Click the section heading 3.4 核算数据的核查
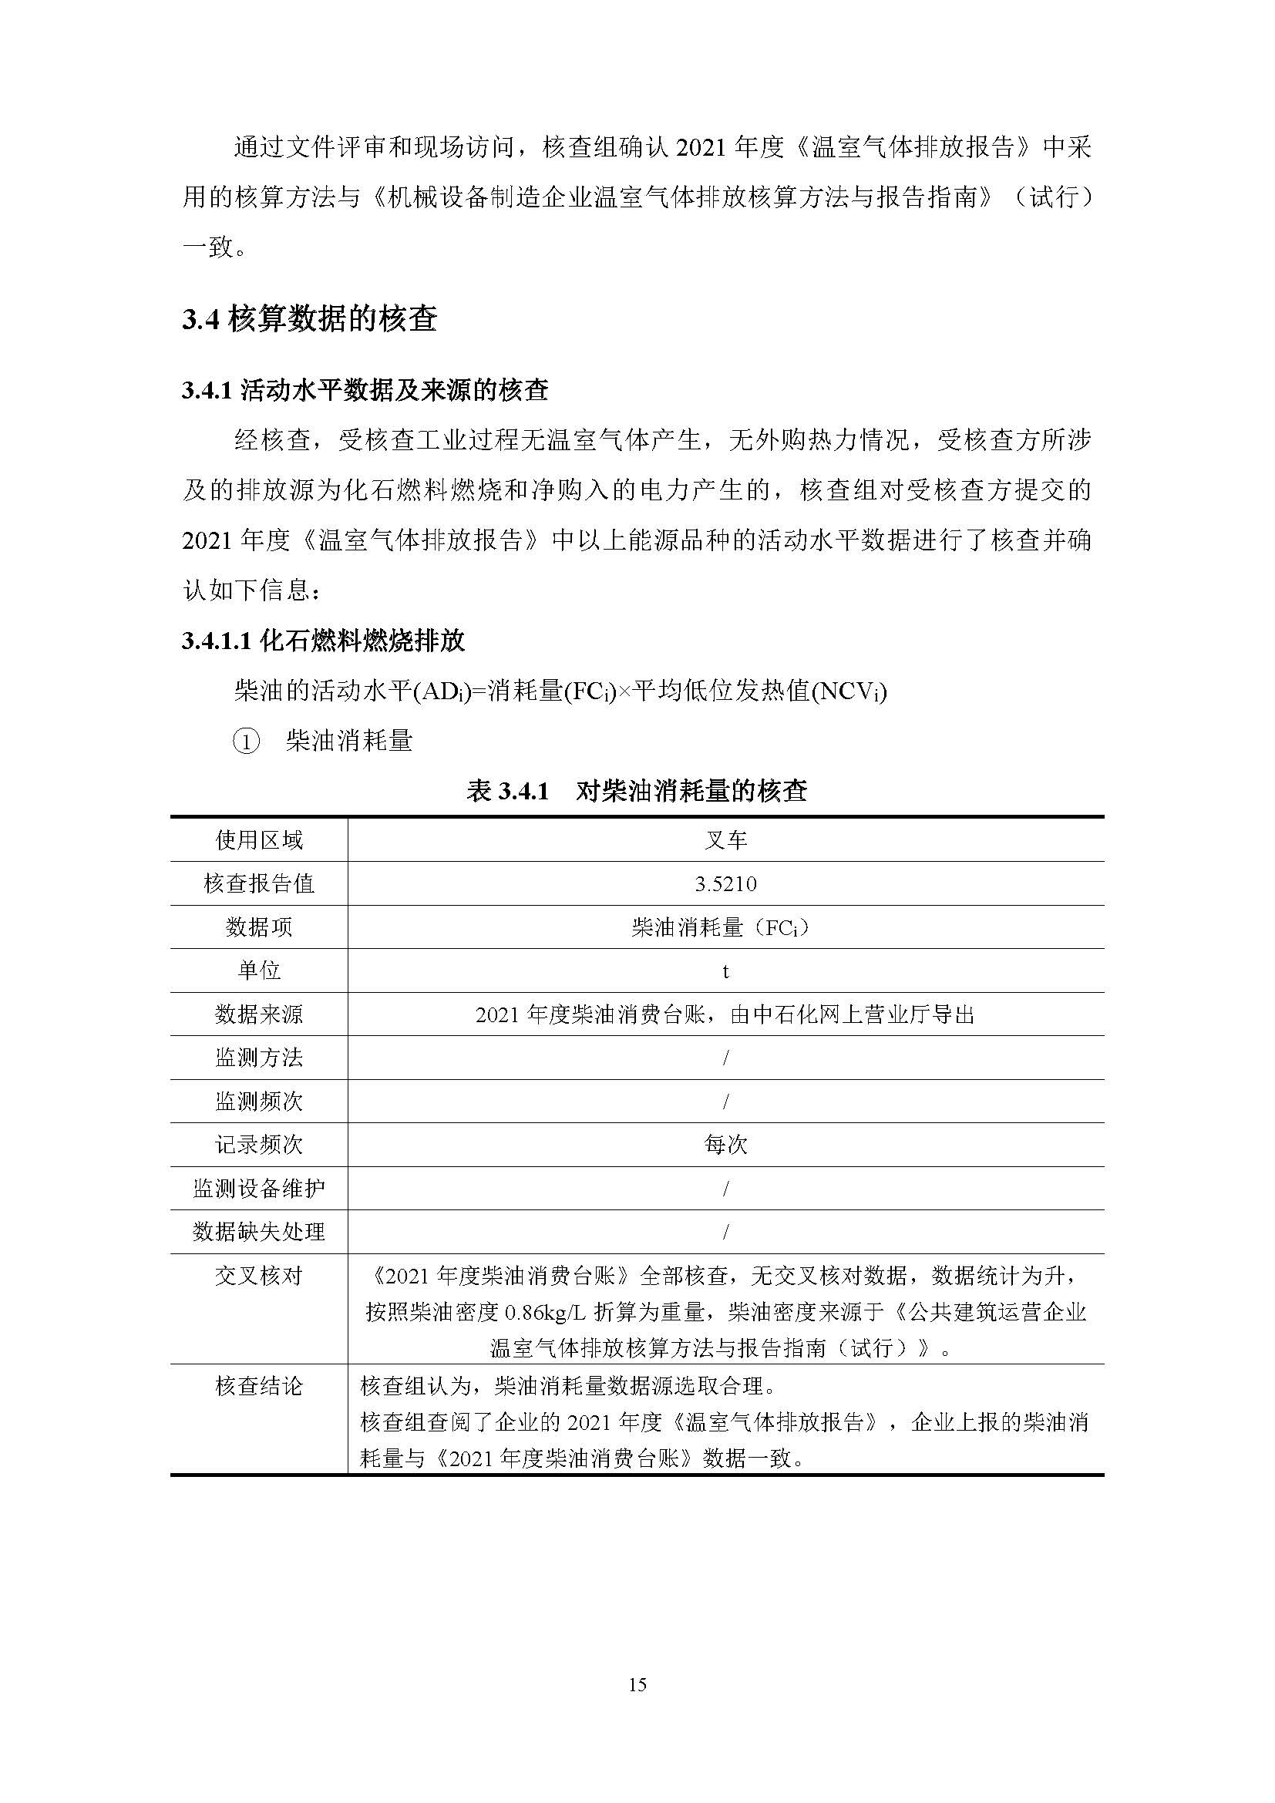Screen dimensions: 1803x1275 309,320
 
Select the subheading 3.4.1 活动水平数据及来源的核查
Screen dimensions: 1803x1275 365,390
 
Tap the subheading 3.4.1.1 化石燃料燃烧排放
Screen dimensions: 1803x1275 323,641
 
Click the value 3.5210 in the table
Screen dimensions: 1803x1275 725,884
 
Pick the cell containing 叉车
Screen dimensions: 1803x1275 725,841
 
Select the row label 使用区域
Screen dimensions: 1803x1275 259,841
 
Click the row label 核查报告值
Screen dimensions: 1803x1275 259,884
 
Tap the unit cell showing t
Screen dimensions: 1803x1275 725,971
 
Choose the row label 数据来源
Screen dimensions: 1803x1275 259,1014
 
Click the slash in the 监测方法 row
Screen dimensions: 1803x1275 725,1058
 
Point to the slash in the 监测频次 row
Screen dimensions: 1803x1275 725,1102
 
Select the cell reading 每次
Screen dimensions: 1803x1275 725,1145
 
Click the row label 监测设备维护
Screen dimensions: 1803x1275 259,1189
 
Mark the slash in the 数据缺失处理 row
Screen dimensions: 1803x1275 725,1232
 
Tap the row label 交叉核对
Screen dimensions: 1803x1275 259,1276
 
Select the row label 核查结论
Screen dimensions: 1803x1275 259,1386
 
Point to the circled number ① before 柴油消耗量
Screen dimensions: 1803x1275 246,742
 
